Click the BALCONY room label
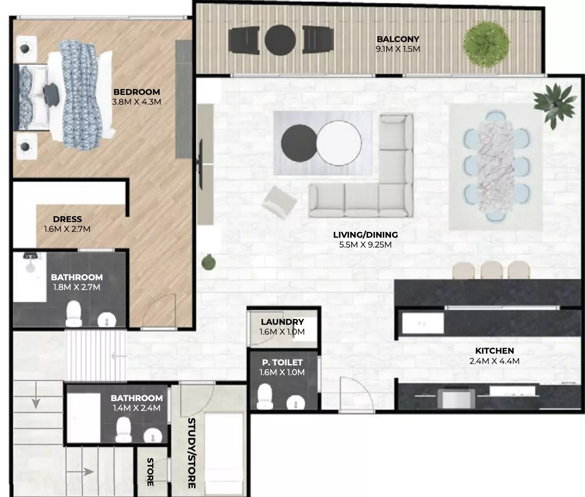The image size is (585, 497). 398,39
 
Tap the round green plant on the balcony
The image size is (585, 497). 486,44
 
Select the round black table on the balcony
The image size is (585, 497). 280,40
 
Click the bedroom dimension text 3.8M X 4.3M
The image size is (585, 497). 137,102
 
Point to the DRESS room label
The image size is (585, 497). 67,219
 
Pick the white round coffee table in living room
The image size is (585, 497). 339,143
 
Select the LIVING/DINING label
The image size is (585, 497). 365,235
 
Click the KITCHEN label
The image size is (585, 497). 494,351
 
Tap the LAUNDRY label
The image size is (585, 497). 282,321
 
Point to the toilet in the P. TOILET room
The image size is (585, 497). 265,396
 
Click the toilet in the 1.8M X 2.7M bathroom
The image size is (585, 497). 73,314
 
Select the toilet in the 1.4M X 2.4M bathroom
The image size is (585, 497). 123,429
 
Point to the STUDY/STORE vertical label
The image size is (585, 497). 192,453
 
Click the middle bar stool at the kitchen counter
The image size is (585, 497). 492,270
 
